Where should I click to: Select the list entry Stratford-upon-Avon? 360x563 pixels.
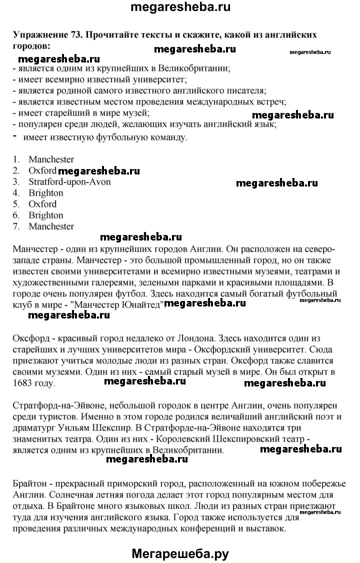69,182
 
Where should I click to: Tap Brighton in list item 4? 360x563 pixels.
46,193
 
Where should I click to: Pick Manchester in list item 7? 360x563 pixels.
51,226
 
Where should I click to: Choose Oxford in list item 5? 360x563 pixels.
42,204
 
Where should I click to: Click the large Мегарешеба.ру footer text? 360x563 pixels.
180,550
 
